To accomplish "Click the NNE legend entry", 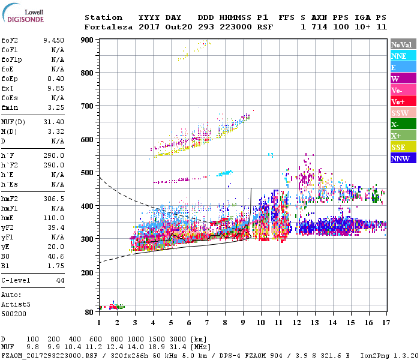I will (403, 56).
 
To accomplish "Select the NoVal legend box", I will (403, 44).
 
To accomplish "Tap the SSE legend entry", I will (403, 147).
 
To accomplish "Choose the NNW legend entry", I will (403, 158).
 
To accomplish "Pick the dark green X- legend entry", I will (403, 124).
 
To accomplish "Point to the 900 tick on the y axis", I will (88, 40).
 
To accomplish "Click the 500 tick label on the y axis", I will (88, 173).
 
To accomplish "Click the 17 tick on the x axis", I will (385, 323).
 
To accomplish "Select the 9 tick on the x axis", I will (243, 323).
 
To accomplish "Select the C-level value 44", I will (60, 280).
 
